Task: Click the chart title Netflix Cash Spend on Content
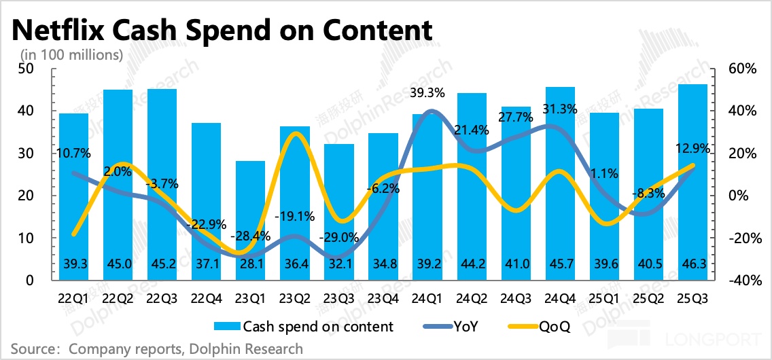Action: (222, 30)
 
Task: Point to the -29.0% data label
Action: (338, 237)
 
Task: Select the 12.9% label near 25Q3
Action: (690, 147)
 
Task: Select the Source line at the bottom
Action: (157, 349)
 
